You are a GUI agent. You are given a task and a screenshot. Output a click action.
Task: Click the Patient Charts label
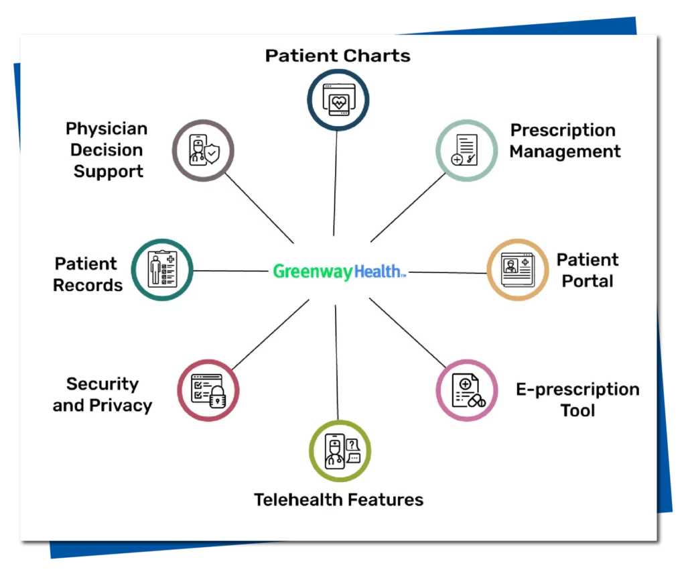coord(338,55)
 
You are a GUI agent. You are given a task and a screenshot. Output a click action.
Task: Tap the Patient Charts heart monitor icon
coord(338,100)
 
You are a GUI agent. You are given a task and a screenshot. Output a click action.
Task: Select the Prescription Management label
coord(565,141)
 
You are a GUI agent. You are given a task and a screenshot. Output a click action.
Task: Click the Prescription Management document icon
coord(467,150)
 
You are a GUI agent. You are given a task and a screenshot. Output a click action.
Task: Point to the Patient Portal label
coord(587,270)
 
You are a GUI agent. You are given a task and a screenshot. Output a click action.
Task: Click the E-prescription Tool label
coord(577,400)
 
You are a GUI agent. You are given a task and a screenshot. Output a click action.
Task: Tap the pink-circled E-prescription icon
coord(467,390)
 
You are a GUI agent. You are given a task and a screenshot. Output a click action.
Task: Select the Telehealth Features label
coord(338,500)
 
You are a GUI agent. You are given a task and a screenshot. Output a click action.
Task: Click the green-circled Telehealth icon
coord(340,451)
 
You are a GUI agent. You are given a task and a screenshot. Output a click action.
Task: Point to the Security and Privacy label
coord(102,394)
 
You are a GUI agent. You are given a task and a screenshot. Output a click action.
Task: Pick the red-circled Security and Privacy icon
coord(208,390)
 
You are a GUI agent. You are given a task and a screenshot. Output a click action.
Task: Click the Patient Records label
coord(88,274)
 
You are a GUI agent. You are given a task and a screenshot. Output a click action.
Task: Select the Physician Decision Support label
coord(107,150)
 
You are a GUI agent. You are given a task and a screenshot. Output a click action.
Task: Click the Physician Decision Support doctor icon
coord(203,151)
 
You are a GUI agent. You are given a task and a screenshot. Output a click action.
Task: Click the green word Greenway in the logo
coord(312,272)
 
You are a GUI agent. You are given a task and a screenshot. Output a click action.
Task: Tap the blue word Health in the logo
coord(379,272)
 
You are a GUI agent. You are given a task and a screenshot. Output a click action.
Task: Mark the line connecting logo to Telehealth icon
coord(337,362)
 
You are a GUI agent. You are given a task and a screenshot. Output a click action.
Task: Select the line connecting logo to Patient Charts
coord(335,181)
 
